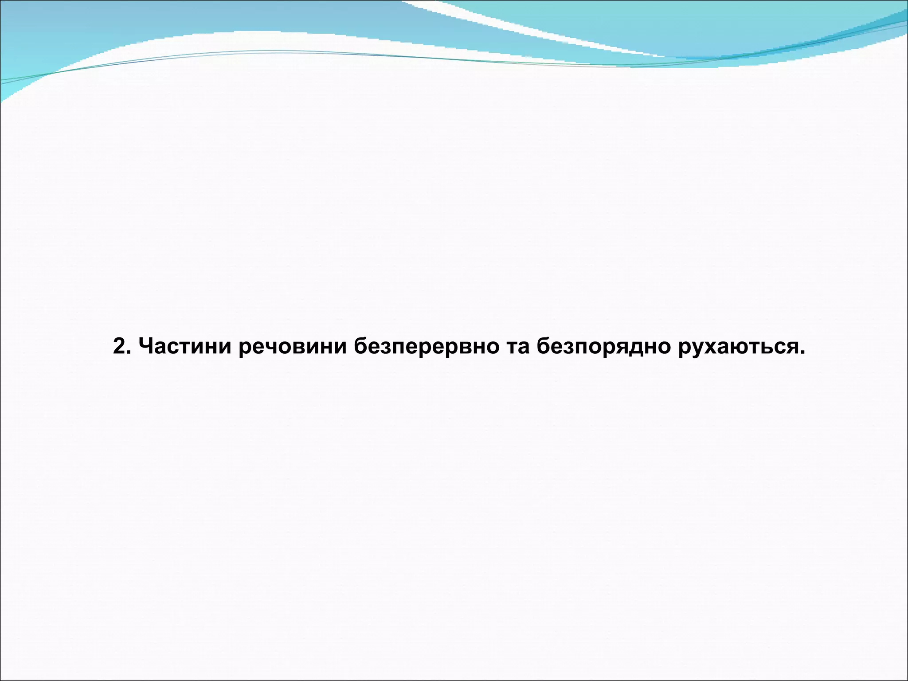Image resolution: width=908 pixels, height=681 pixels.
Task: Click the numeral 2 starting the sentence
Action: [x=119, y=346]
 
